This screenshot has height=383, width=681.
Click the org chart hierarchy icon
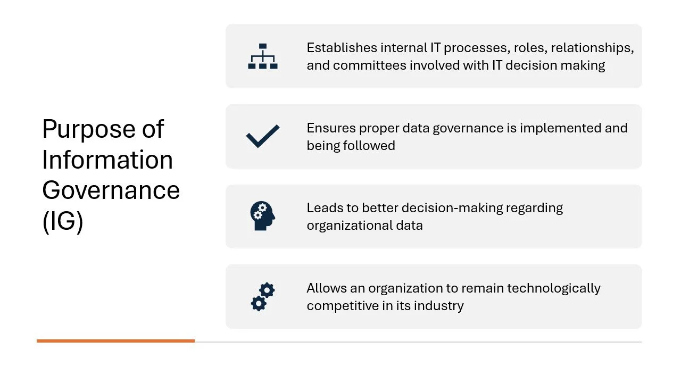tap(263, 56)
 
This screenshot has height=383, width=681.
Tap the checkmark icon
tap(263, 136)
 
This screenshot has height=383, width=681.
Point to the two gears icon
tap(263, 297)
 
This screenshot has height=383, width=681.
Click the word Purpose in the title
tap(87, 129)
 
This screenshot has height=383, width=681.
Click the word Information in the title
tap(107, 160)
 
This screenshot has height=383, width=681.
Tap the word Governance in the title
tap(111, 190)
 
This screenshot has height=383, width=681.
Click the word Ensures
tap(331, 128)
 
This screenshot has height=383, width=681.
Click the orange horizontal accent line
tap(115, 341)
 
